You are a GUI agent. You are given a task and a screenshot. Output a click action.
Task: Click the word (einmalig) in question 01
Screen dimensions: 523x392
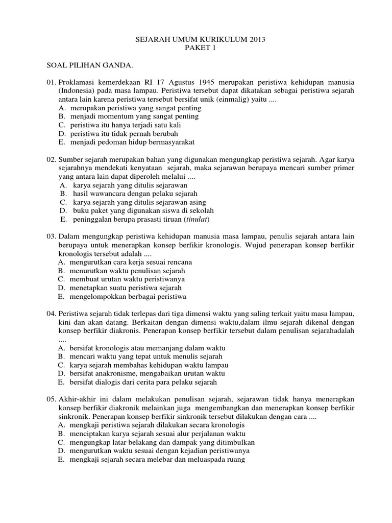pyautogui.click(x=230, y=100)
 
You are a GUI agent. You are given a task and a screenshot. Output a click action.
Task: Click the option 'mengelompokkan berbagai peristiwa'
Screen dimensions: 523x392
pyautogui.click(x=129, y=296)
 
